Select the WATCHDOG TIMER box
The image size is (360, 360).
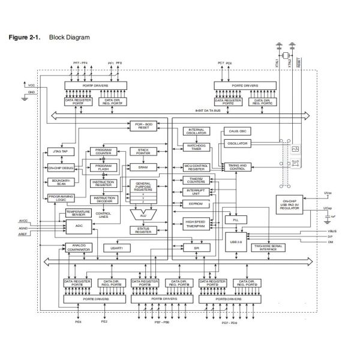(197, 146)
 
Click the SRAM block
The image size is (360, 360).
(143, 167)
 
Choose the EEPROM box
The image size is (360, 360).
(197, 204)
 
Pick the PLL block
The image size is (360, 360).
(235, 220)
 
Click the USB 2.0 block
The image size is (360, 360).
(235, 242)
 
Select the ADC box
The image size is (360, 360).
(79, 226)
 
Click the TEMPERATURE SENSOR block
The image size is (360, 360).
(79, 213)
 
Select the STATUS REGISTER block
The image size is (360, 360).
(143, 229)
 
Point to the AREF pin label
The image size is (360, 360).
(23, 233)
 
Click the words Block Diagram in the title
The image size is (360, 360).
(70, 37)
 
